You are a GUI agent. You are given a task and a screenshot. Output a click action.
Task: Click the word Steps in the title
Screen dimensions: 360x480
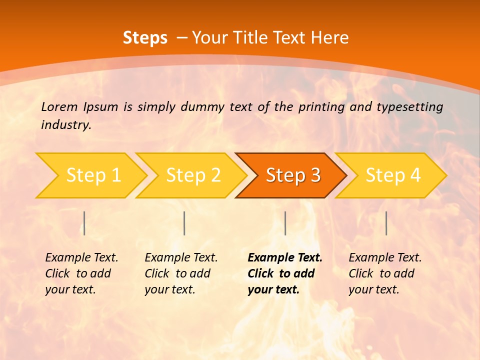click(x=145, y=38)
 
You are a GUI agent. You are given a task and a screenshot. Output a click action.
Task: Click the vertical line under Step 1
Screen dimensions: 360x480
click(x=84, y=223)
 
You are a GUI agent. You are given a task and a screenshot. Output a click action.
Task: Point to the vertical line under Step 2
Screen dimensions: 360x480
click(x=184, y=223)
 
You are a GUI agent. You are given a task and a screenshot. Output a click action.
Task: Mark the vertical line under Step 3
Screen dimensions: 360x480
click(x=285, y=223)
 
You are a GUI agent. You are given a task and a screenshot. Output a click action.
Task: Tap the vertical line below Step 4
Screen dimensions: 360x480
click(x=386, y=223)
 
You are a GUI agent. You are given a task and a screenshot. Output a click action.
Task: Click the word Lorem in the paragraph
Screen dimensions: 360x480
click(x=59, y=106)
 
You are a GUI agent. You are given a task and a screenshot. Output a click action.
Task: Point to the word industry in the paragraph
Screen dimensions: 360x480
click(x=66, y=125)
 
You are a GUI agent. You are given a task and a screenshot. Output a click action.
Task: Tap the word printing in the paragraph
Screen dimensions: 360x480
click(x=319, y=106)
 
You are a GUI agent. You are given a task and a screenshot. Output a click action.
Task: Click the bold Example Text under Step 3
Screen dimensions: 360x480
click(x=285, y=257)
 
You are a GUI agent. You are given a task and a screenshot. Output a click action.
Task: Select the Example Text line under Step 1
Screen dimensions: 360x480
click(x=81, y=257)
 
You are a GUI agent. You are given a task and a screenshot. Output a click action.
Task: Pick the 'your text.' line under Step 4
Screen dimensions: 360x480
click(x=373, y=289)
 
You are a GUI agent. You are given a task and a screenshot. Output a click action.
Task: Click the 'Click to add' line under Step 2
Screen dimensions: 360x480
click(x=177, y=273)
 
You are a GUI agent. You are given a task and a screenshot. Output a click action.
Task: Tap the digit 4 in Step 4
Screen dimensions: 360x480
click(x=415, y=175)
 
